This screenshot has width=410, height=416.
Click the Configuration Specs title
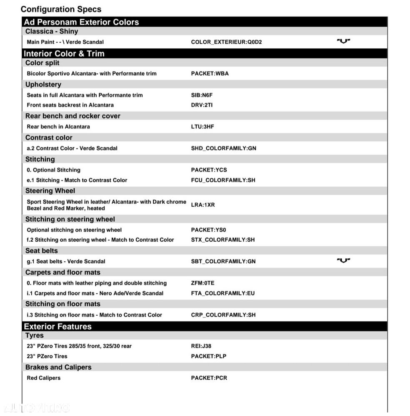click(x=61, y=9)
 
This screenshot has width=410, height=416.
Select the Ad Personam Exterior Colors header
click(x=81, y=22)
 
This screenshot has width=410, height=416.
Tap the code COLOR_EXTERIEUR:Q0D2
click(x=226, y=42)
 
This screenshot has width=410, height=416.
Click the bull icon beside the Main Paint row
click(x=343, y=41)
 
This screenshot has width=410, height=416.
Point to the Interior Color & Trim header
click(x=64, y=53)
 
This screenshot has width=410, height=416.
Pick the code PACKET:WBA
click(x=210, y=74)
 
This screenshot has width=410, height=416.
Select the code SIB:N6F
click(x=202, y=95)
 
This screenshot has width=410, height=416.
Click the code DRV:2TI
click(x=202, y=105)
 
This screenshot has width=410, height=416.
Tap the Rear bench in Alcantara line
click(x=58, y=127)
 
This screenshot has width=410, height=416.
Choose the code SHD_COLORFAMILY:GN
click(x=223, y=149)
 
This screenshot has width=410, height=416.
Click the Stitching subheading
click(x=40, y=159)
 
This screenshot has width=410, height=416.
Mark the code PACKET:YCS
click(x=209, y=170)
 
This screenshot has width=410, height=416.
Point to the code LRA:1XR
click(x=203, y=205)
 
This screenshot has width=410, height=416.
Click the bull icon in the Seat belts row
click(x=343, y=260)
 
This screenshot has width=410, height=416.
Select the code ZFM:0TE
click(x=202, y=283)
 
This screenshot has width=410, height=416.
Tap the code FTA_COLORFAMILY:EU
click(x=222, y=293)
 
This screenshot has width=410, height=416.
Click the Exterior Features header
click(x=57, y=327)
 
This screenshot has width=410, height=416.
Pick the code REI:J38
click(x=201, y=346)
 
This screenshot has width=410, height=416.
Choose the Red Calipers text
click(x=44, y=378)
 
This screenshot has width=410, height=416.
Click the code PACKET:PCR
click(x=209, y=378)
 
